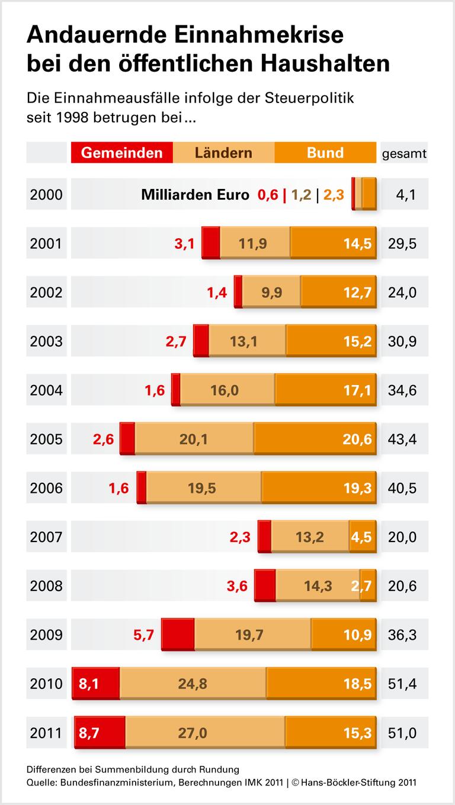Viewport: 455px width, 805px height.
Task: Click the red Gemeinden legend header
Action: point(121,153)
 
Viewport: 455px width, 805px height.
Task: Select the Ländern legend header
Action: point(223,153)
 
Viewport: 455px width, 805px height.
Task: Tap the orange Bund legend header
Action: point(325,153)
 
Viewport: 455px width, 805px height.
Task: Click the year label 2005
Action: point(46,439)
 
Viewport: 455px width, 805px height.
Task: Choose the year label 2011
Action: point(46,733)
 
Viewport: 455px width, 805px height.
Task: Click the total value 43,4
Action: point(404,439)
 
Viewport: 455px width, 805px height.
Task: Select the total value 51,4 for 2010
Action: point(404,684)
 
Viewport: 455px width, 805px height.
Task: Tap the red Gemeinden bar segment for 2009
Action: point(178,635)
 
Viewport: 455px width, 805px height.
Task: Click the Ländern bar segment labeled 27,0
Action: point(204,733)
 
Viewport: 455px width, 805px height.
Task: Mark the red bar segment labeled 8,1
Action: point(95,684)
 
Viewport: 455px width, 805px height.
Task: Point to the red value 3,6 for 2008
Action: point(237,586)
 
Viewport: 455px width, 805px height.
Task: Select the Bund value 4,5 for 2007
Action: point(361,537)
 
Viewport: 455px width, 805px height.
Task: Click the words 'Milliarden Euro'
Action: point(195,194)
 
